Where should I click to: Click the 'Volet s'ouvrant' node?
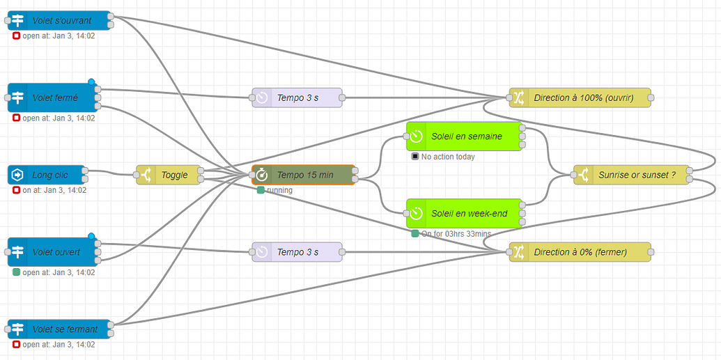pyautogui.click(x=61, y=21)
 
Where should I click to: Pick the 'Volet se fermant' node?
pyautogui.click(x=61, y=329)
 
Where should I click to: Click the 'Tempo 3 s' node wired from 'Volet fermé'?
pyautogui.click(x=297, y=97)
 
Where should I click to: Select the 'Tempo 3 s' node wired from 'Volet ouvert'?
pyautogui.click(x=297, y=252)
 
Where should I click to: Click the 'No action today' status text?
pyautogui.click(x=448, y=157)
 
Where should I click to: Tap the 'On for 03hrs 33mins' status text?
pyautogui.click(x=456, y=233)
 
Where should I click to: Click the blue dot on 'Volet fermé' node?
pyautogui.click(x=91, y=82)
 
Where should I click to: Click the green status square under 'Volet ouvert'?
pyautogui.click(x=17, y=272)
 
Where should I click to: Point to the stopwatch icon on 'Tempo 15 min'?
pyautogui.click(x=261, y=175)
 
